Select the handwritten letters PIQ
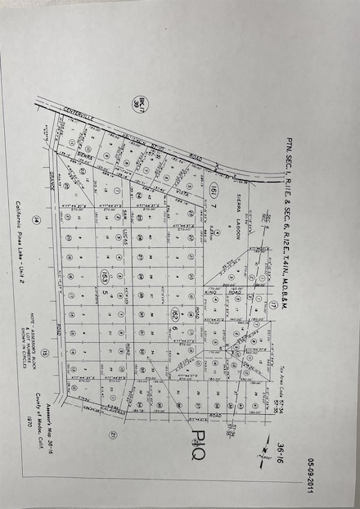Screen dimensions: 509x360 pyautogui.click(x=198, y=447)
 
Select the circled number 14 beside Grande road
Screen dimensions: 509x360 pyautogui.click(x=36, y=219)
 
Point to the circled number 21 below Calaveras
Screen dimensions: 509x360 pyautogui.click(x=115, y=435)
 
